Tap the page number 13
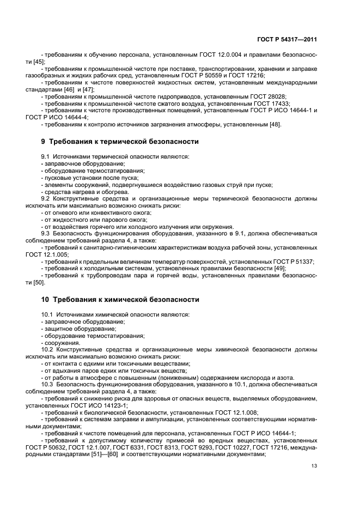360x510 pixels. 314,466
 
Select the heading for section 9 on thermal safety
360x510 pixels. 120,141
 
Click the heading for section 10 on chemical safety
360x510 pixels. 120,299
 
